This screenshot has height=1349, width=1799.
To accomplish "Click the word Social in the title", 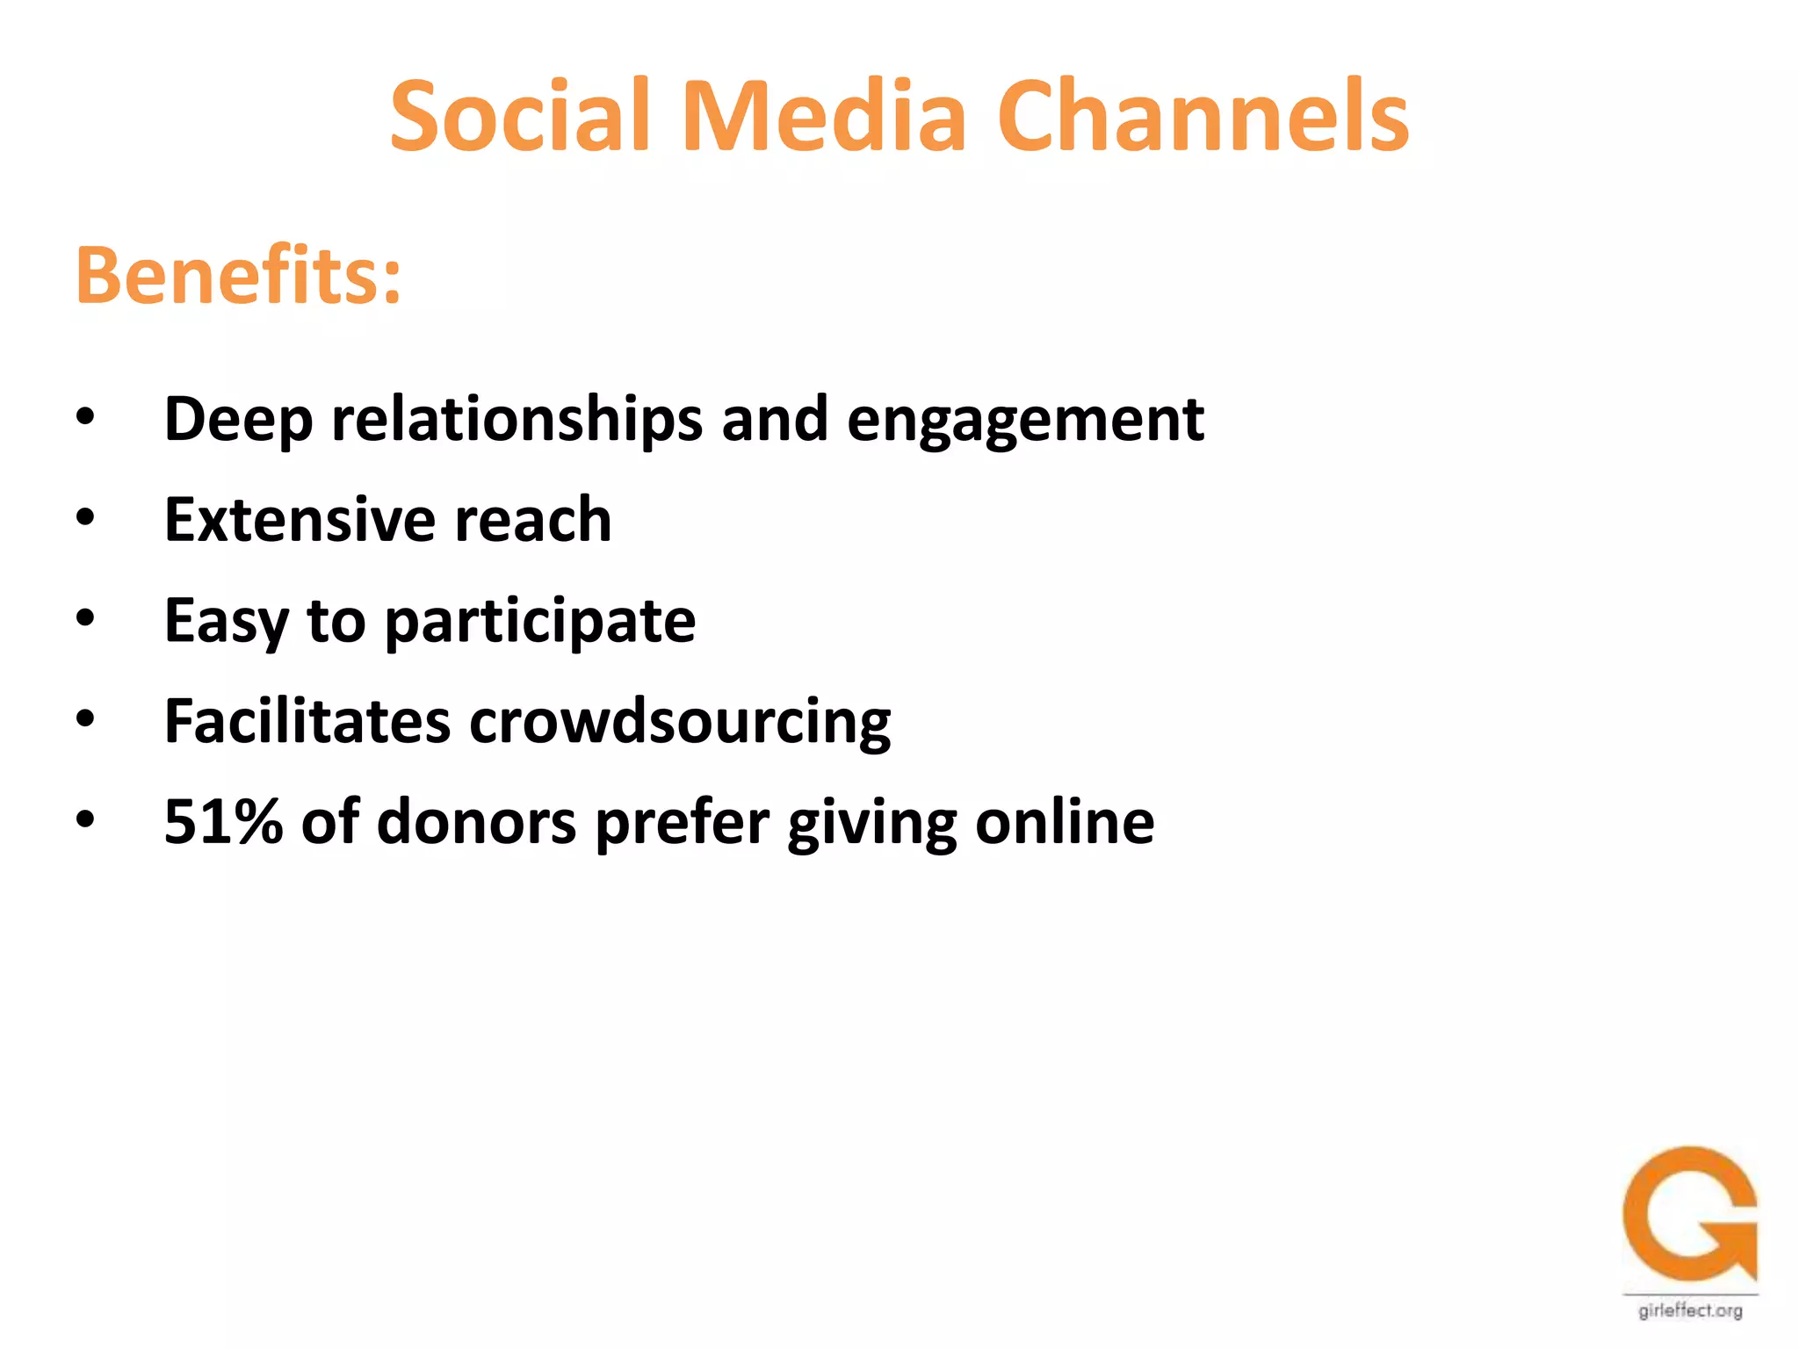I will click(519, 117).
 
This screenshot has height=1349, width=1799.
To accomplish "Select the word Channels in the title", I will click(1203, 117).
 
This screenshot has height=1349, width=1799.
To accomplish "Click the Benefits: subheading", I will click(239, 276).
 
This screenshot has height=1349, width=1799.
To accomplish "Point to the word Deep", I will click(238, 420).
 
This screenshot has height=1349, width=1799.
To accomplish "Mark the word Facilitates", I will click(307, 722).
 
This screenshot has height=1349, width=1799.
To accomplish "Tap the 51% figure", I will click(223, 822).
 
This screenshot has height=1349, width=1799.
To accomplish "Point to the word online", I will click(1065, 823).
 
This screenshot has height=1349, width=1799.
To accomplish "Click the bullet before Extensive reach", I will click(85, 518).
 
